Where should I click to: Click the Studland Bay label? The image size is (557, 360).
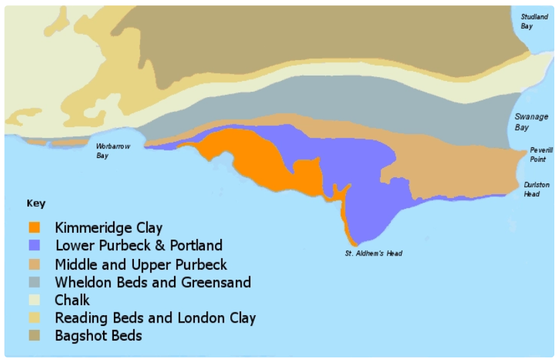coord(533,21)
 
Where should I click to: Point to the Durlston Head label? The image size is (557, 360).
coord(536,189)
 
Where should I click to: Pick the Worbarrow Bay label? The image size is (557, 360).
coord(111,151)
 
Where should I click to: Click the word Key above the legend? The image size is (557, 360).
coord(36,203)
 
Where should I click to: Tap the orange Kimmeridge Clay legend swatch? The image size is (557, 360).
coord(35,227)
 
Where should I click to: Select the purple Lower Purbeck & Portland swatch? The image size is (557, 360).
coord(35,246)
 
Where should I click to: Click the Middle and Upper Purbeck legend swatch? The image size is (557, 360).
coord(35,264)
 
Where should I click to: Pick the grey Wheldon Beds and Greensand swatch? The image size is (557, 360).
coord(35,282)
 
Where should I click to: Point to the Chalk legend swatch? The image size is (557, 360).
coord(35,300)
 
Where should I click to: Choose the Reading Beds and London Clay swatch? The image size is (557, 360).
coord(35,318)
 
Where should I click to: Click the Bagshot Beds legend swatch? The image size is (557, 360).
coord(35,336)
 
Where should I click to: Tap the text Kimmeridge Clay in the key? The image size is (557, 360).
coord(108,228)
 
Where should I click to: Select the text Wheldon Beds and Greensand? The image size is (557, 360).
coord(153,282)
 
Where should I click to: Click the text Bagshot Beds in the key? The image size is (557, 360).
coord(98,336)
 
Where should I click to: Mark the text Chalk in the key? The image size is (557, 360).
coord(72,300)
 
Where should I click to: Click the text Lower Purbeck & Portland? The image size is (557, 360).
coord(139,246)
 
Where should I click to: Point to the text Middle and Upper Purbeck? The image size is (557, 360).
coord(141,264)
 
